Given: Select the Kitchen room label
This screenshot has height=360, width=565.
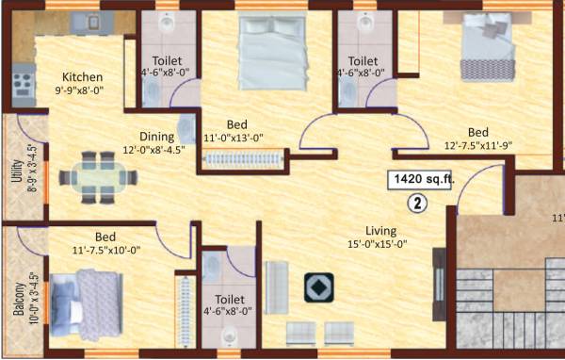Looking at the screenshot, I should (83, 77).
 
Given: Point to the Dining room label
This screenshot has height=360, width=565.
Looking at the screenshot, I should (156, 136).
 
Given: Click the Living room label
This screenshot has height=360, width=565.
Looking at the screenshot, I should (381, 231).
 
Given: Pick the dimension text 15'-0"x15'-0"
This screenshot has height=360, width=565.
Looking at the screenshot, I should (381, 245).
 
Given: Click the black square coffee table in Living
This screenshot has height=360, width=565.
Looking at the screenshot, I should (317, 287).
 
